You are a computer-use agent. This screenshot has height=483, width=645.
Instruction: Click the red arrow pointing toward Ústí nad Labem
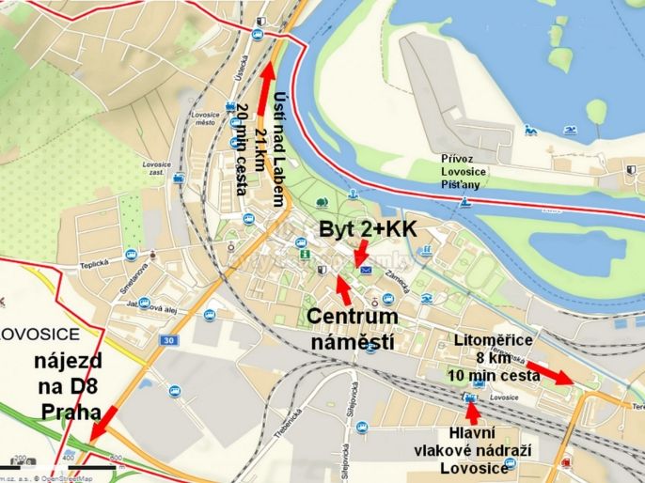tap(266, 89)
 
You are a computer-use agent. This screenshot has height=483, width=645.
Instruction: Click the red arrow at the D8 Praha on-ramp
tap(104, 423)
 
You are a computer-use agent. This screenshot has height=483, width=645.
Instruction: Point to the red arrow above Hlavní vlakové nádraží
tap(473, 412)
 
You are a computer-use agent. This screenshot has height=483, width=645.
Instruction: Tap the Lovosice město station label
tap(204, 118)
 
